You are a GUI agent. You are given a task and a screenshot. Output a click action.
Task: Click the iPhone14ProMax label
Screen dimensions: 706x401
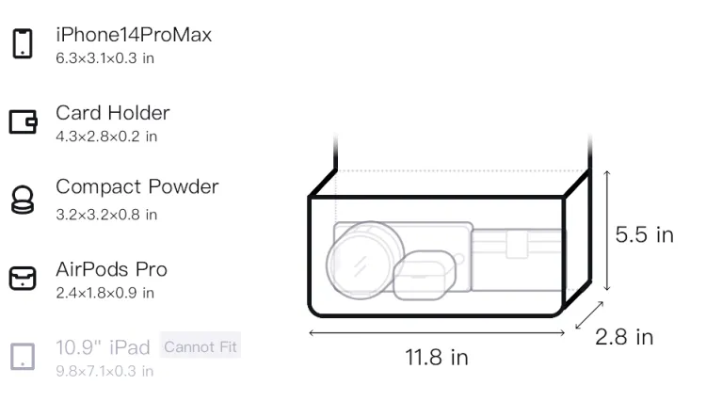134,35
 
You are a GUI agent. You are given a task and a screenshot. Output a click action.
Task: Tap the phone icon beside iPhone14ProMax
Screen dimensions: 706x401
23,43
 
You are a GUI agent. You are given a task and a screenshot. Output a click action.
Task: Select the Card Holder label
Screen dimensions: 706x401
113,113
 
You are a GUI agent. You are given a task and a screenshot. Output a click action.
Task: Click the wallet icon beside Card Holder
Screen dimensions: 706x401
23,121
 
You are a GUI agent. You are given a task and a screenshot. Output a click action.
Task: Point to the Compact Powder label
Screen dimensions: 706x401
137,186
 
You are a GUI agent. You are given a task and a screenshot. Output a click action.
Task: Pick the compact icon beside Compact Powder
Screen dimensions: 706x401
23,200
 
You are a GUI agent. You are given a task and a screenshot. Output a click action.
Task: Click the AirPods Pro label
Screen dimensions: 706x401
112,269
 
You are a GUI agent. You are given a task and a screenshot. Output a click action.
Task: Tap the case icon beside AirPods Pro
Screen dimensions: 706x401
23,278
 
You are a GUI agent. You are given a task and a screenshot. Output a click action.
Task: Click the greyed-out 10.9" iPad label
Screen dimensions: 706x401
103,347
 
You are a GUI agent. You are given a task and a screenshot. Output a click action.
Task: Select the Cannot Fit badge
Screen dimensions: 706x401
201,346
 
